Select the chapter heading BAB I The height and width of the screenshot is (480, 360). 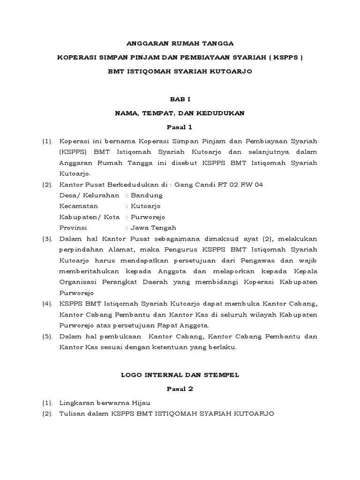(180, 99)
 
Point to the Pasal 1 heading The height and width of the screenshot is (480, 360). (180, 127)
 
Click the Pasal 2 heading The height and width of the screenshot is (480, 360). (180, 389)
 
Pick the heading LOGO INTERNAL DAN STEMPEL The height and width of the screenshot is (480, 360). (180, 375)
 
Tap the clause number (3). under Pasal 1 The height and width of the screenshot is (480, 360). (47, 239)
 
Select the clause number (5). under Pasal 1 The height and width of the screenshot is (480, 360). (47, 337)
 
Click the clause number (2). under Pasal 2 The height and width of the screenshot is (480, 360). (47, 414)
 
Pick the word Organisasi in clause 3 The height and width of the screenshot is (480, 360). (78, 283)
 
